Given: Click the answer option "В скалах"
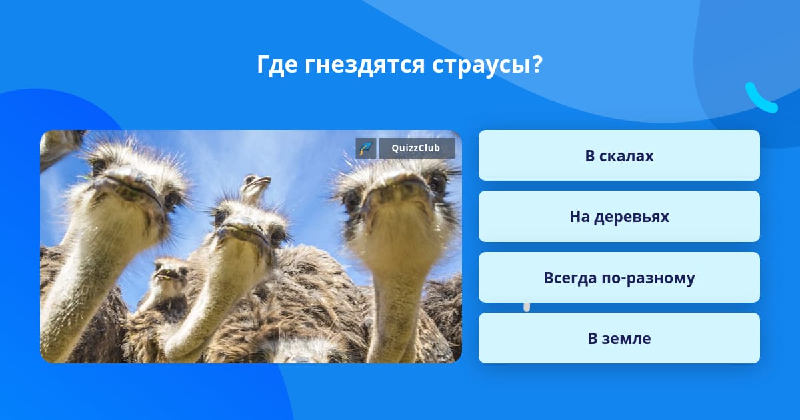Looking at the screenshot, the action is pos(619,155).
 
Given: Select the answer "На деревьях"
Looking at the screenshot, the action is pos(619,217).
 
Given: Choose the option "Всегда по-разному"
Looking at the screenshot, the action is pos(619,277).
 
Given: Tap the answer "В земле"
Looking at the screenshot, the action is pos(619,338).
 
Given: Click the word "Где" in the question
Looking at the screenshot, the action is pos(277,65).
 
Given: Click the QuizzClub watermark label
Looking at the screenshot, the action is pos(417,148).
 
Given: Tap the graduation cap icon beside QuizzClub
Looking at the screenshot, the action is pos(366,148).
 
